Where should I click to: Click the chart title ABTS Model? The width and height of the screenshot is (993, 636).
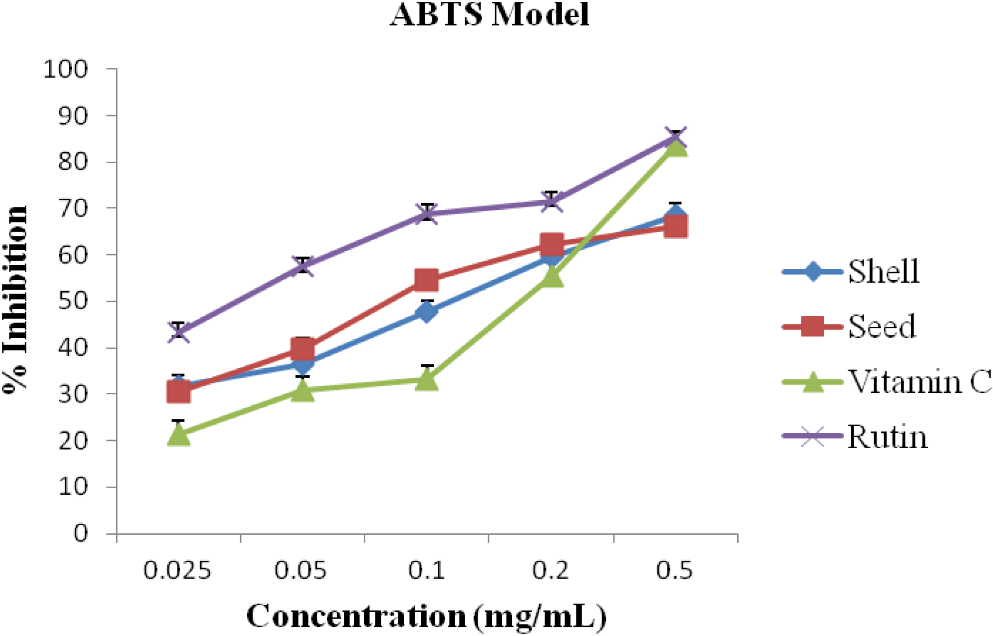click(489, 14)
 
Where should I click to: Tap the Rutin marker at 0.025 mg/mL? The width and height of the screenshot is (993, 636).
click(179, 332)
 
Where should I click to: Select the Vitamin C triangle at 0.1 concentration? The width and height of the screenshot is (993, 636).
click(427, 380)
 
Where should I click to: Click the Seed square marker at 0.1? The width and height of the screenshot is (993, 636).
click(427, 280)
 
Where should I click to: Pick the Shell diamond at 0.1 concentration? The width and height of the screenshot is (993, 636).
click(427, 312)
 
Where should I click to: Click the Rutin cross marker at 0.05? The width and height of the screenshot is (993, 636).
click(303, 266)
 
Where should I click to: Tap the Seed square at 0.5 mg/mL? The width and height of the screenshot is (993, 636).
click(675, 226)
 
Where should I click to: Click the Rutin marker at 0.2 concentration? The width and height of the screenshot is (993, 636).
click(552, 201)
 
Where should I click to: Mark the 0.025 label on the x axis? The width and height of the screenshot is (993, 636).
click(177, 570)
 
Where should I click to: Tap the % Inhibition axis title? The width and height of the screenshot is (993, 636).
click(15, 300)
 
